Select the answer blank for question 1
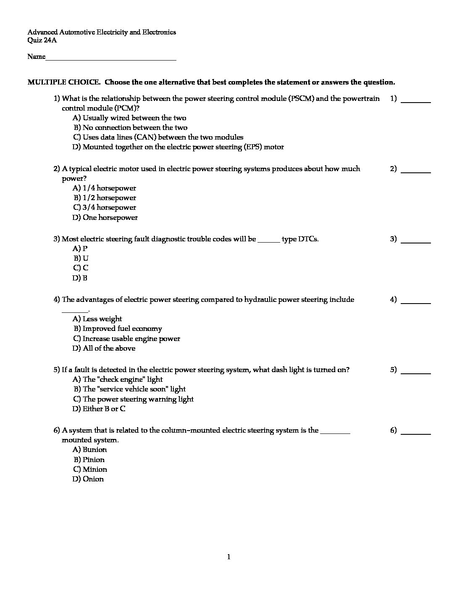coord(416,101)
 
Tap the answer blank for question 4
coord(416,302)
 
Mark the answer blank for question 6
coord(416,433)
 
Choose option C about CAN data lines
coord(158,137)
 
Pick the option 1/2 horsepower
coord(105,198)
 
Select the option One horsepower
coord(105,217)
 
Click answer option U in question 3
coord(81,258)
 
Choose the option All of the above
coord(104,348)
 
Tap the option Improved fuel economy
coord(118,328)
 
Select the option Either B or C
coord(99,409)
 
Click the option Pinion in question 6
coord(89,460)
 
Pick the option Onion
coord(88,479)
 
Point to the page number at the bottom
coord(228,557)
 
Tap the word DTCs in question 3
coord(308,239)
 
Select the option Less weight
coord(97,319)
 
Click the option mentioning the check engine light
coord(118,379)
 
